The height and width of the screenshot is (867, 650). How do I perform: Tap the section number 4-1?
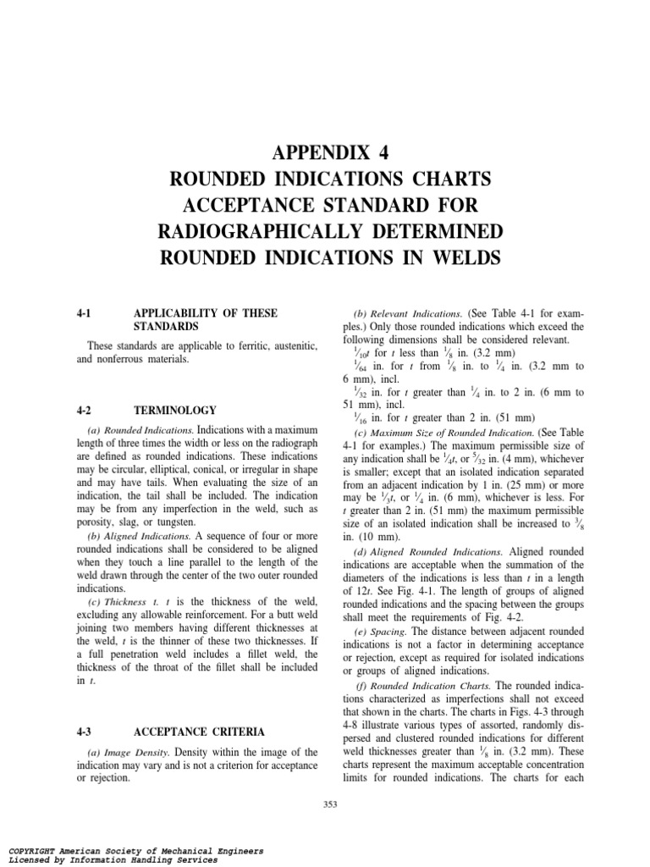click(83, 313)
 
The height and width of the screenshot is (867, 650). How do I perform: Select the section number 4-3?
click(83, 731)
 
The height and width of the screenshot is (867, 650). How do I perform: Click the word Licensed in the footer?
click(32, 859)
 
